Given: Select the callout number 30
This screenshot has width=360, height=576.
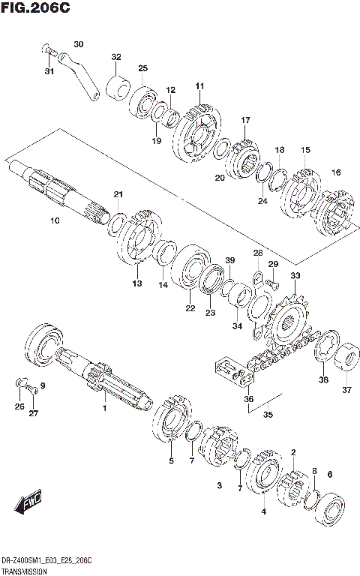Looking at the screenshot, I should coord(79,43).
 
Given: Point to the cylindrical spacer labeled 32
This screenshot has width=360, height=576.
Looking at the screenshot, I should coord(115,85).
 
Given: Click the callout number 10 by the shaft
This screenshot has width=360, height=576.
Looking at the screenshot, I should coord(53,220).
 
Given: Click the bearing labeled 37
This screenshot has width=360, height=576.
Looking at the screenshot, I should coord(348,359).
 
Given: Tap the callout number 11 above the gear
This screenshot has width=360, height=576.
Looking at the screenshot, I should coord(199,87).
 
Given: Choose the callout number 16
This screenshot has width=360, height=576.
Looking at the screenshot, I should coord(336,172).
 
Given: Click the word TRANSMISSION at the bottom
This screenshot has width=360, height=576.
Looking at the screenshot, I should coord(25,571).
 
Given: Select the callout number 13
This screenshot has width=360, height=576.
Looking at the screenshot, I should coord(136,283).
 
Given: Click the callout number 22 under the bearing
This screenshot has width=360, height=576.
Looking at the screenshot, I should coord(190,307).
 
